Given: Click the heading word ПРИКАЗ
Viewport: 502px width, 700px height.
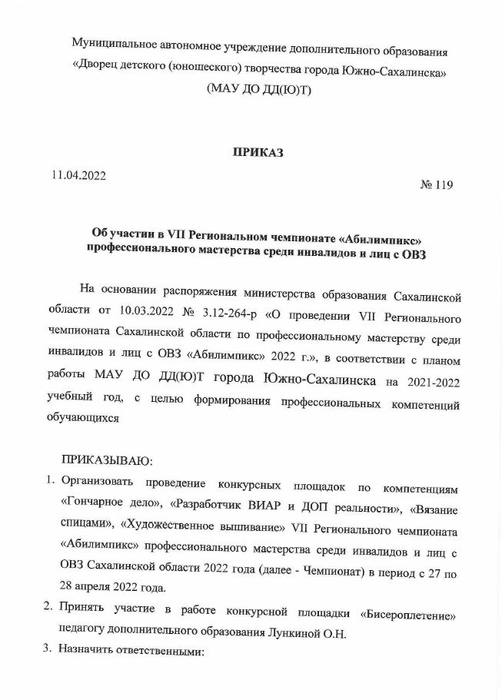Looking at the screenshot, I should tap(258, 152).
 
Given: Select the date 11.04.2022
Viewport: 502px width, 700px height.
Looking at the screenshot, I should tap(78, 175).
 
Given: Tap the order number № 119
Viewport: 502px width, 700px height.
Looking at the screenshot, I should tap(437, 184).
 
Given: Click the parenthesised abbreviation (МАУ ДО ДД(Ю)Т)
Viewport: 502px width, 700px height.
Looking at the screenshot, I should tap(259, 89).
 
